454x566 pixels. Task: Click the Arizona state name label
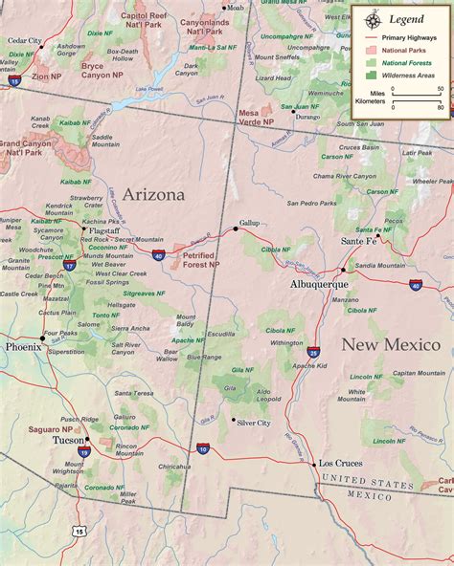click(151, 195)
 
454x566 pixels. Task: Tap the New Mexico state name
click(391, 345)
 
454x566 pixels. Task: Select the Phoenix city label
click(23, 347)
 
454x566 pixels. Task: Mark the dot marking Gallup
click(236, 229)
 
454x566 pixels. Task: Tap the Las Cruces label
click(340, 464)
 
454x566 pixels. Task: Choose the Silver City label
click(254, 423)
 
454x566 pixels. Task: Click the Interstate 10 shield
click(202, 447)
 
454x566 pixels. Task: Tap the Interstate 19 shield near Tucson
click(84, 452)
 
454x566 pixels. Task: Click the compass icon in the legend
click(369, 17)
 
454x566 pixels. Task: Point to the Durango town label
click(307, 116)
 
